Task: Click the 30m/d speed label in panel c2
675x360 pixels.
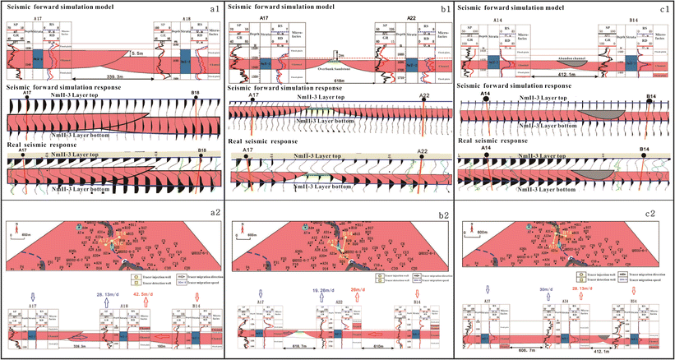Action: [x=545, y=289]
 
